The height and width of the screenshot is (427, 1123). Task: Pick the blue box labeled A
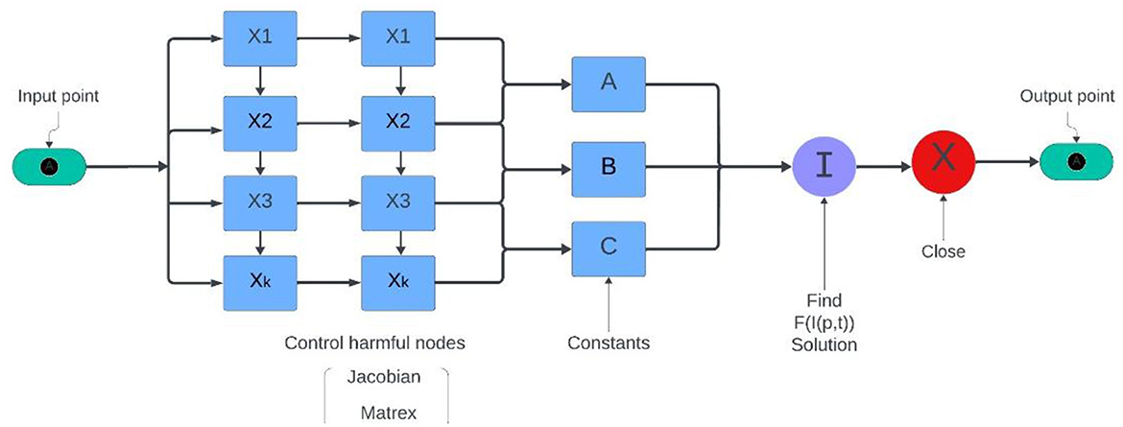608,83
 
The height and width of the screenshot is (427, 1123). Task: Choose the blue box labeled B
608,166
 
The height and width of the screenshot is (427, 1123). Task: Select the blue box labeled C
608,247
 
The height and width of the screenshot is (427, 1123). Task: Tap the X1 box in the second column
396,38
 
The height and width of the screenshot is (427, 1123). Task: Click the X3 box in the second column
396,202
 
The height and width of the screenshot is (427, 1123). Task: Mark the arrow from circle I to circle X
882,165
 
